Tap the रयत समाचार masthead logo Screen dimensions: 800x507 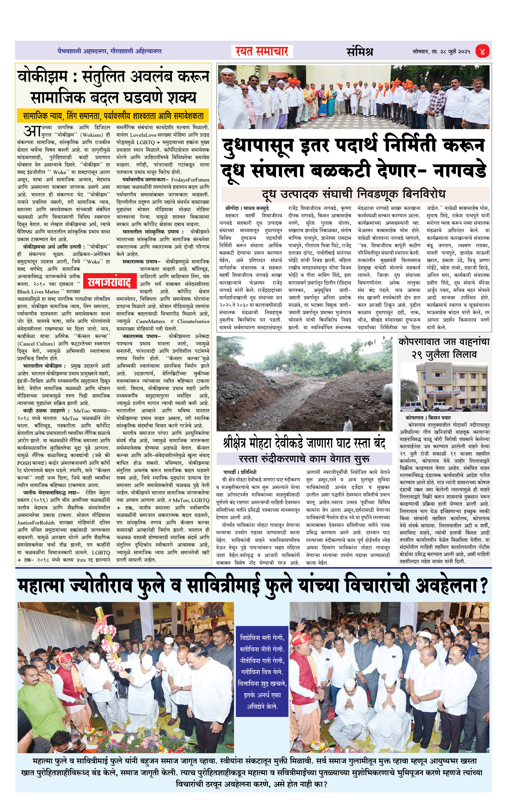262,51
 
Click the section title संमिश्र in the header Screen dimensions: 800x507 360,51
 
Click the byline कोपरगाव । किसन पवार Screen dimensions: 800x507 428,418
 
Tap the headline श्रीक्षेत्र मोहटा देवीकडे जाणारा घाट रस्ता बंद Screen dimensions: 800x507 304,443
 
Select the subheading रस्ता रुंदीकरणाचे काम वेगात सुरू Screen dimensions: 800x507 304,459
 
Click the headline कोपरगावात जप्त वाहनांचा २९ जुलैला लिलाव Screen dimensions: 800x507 444,348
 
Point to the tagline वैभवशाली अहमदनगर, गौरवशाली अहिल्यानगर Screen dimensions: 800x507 110,51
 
